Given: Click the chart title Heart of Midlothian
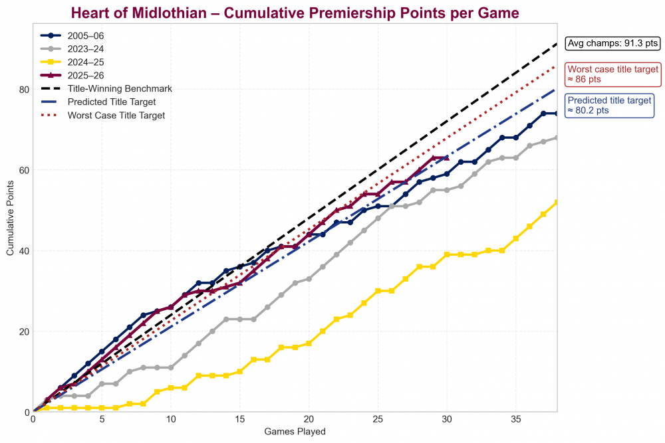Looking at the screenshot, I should tap(295, 13).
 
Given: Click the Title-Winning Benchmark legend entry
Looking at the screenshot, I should tap(120, 88).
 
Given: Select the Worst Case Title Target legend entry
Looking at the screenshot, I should tap(116, 115).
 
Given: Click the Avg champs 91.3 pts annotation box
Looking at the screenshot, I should tap(612, 44).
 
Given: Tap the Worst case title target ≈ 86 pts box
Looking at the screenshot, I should tap(612, 74).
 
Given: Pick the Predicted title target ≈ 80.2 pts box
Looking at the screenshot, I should tap(608, 106).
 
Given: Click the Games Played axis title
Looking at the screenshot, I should tap(295, 432).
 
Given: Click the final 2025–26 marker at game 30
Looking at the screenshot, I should tap(447, 158).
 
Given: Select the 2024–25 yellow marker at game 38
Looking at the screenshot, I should tap(557, 203).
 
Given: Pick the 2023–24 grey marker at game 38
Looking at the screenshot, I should tap(557, 137).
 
